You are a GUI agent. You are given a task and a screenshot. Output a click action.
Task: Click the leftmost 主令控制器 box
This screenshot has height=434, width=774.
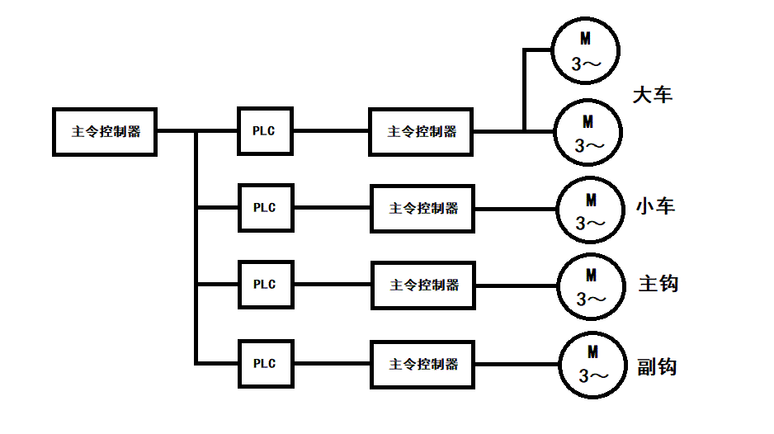(x=105, y=131)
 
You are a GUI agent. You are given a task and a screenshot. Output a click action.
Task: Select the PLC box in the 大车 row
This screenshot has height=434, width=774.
(x=264, y=131)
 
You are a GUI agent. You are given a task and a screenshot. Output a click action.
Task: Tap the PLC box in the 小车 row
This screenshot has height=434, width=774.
(x=264, y=208)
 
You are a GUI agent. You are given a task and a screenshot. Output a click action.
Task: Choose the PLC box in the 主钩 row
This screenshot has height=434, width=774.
(x=264, y=285)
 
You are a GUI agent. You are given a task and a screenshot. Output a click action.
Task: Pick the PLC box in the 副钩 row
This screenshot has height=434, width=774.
(x=264, y=363)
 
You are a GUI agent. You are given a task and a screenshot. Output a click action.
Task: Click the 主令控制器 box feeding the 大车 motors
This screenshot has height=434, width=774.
(x=422, y=131)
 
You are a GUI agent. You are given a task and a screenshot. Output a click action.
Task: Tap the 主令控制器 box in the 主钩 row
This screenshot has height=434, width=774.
(x=424, y=285)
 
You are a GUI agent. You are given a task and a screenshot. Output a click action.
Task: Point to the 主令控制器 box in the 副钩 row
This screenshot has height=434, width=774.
(x=423, y=364)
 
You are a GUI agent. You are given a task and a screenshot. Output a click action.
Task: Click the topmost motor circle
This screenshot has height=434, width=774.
(x=588, y=50)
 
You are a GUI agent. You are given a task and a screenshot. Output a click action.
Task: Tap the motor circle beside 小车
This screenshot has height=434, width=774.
(x=591, y=210)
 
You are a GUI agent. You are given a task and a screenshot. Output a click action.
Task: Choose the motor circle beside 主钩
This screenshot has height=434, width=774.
(x=592, y=286)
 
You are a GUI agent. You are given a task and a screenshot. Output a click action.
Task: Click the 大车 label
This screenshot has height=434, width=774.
(x=653, y=95)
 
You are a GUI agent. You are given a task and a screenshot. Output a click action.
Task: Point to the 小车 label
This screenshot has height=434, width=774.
(x=655, y=205)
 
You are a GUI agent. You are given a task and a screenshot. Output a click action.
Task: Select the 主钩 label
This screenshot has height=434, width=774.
(x=658, y=283)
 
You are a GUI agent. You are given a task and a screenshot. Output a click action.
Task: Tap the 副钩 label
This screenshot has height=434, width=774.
(x=657, y=366)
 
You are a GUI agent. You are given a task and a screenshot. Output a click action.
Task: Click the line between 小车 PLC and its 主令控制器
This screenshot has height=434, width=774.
(x=331, y=208)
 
